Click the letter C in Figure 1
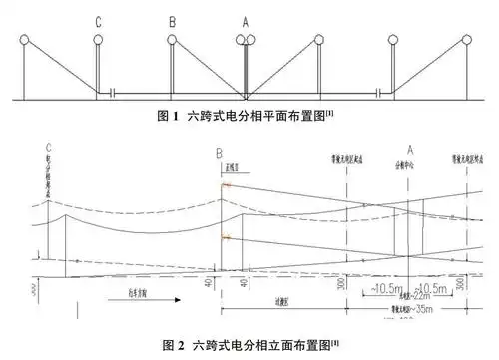point(98,20)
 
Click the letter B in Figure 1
point(172,20)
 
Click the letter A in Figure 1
point(245,20)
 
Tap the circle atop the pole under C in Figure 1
point(98,41)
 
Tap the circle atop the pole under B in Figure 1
point(172,41)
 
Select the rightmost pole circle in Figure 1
point(464,41)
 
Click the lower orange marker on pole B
point(228,236)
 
